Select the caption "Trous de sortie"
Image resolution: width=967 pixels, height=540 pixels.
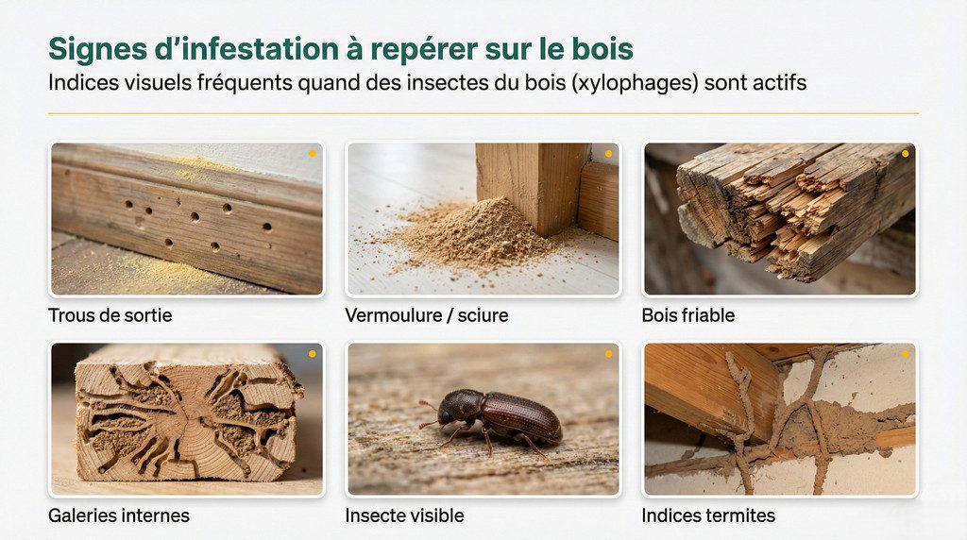[110, 315]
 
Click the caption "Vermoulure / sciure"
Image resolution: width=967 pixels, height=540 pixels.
[427, 315]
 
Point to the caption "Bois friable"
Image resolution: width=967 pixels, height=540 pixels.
[687, 315]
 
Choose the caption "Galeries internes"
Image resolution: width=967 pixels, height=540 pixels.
[119, 515]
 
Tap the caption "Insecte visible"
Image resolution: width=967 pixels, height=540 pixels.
[404, 515]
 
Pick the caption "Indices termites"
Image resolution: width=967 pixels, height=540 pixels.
[708, 515]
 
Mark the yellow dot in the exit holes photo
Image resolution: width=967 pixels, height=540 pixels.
[312, 153]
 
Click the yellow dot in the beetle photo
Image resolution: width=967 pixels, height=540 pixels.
[608, 354]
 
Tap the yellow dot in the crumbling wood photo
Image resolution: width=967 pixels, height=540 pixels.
[905, 153]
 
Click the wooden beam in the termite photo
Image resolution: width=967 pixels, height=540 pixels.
[708, 382]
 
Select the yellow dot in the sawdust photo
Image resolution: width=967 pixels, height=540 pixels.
[608, 153]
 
